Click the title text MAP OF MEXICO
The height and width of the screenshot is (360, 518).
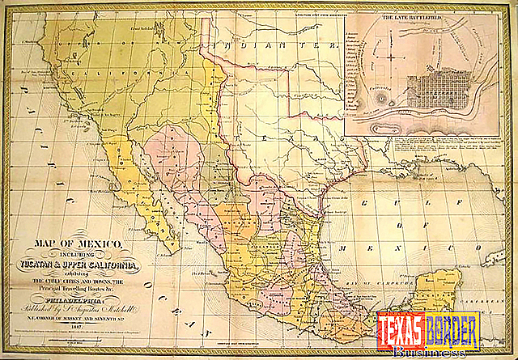pyautogui.click(x=79, y=244)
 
